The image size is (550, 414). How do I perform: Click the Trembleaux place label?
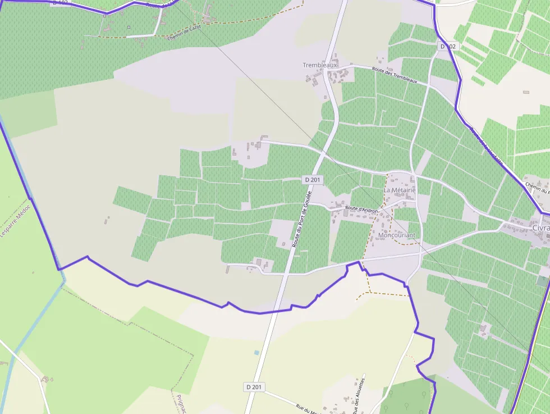(x=320, y=65)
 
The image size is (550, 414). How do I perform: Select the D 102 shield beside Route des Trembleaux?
(x=447, y=47)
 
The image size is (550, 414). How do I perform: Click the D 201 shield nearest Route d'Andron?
(x=313, y=180)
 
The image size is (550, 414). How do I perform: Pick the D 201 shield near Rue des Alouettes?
(x=254, y=387)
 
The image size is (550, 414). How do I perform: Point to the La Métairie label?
(x=400, y=190)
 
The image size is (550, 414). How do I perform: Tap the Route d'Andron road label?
(x=362, y=210)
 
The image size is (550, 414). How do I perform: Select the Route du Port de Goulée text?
(x=301, y=220)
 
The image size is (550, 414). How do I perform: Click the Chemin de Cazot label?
(x=184, y=35)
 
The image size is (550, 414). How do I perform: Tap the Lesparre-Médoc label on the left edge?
(x=15, y=219)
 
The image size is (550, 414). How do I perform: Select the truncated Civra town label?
(x=540, y=229)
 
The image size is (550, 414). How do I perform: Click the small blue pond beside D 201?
(x=256, y=352)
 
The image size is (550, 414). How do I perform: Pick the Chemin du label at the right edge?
(x=537, y=188)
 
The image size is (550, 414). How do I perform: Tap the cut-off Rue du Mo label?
(x=308, y=409)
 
